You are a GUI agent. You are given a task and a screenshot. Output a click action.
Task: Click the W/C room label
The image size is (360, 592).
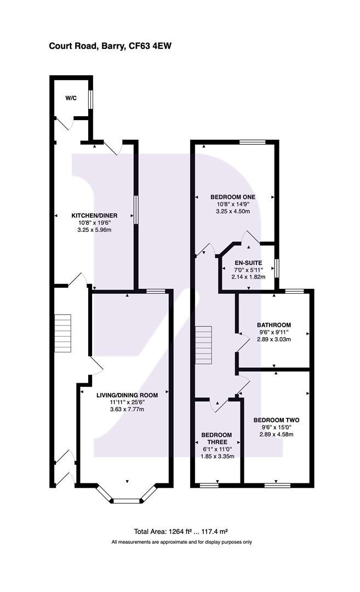coord(71,98)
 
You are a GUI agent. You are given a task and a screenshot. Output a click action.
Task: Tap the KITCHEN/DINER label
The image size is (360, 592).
coord(95,215)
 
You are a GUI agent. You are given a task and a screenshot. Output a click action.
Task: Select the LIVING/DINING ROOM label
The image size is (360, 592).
coord(127,395)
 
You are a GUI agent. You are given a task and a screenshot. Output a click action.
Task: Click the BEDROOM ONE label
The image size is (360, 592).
coord(234,197)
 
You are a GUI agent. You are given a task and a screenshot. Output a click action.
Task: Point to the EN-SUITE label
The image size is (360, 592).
coord(249,263)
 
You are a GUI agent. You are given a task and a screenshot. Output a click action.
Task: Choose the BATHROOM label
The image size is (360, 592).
coord(274,325)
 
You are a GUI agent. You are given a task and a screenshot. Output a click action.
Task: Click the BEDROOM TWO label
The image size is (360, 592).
coord(276,420)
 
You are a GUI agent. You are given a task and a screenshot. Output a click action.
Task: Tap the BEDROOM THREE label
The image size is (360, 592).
coord(216,439)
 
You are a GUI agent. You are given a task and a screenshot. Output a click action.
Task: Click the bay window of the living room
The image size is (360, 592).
coord(127,500)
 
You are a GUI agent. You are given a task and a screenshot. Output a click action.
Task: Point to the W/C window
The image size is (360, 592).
coord(92,99)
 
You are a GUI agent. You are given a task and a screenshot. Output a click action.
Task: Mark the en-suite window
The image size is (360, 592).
coord(277,268)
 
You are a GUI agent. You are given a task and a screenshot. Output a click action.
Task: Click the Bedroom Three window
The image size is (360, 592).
coord(209,485)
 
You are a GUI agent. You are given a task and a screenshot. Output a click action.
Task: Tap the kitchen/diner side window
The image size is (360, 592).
coord(136,210)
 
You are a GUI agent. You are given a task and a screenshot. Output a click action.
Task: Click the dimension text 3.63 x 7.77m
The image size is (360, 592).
coord(127,409)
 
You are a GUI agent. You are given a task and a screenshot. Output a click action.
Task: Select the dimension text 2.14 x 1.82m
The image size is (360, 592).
coord(249,277)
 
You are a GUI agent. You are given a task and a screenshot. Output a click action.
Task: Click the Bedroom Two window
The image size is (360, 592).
coord(277,485)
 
